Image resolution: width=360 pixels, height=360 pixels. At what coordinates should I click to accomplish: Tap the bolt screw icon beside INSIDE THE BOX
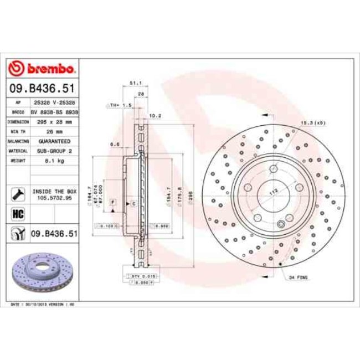click(17, 194)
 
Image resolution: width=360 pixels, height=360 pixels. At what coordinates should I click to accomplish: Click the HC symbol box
click(17, 213)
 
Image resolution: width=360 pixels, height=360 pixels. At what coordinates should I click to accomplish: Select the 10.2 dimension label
click(156, 116)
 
